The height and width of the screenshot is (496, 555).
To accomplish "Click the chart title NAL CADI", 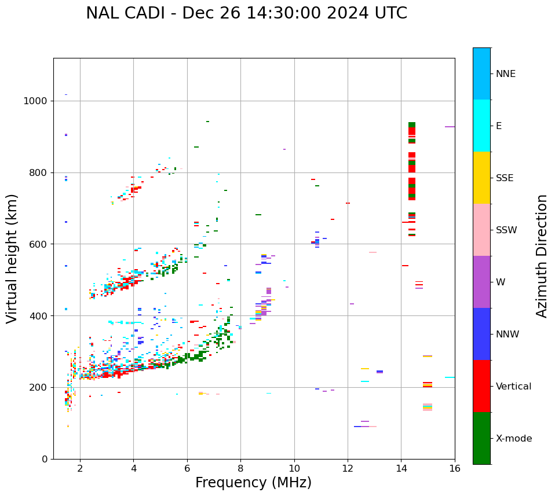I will pyautogui.click(x=246, y=13).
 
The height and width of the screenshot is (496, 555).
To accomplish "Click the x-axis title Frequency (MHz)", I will pyautogui.click(x=253, y=483).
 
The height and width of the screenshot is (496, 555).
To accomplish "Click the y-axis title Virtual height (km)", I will pyautogui.click(x=12, y=259).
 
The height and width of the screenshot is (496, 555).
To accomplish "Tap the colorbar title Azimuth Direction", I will pyautogui.click(x=542, y=256).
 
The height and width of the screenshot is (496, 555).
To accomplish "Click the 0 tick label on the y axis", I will pyautogui.click(x=45, y=459).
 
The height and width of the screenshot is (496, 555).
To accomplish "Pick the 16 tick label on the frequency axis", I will pyautogui.click(x=455, y=468).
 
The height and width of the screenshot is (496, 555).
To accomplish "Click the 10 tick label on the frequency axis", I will pyautogui.click(x=294, y=468).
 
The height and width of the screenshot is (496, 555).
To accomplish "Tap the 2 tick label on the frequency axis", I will pyautogui.click(x=80, y=468).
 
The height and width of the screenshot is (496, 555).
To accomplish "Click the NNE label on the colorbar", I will pyautogui.click(x=505, y=74).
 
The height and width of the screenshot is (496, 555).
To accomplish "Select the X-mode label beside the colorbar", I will pyautogui.click(x=514, y=439).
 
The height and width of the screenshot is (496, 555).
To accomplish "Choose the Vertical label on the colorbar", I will pyautogui.click(x=513, y=387).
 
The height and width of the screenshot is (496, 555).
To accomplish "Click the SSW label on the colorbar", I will pyautogui.click(x=506, y=230).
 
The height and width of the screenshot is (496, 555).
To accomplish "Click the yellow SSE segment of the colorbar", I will pyautogui.click(x=481, y=178).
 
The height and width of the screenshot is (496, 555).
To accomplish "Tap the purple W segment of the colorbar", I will pyautogui.click(x=481, y=282).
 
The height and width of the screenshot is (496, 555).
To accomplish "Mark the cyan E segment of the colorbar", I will pyautogui.click(x=481, y=126).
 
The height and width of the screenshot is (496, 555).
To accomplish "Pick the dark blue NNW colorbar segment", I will pyautogui.click(x=481, y=334).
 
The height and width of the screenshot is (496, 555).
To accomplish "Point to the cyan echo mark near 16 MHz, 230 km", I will pyautogui.click(x=450, y=377).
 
